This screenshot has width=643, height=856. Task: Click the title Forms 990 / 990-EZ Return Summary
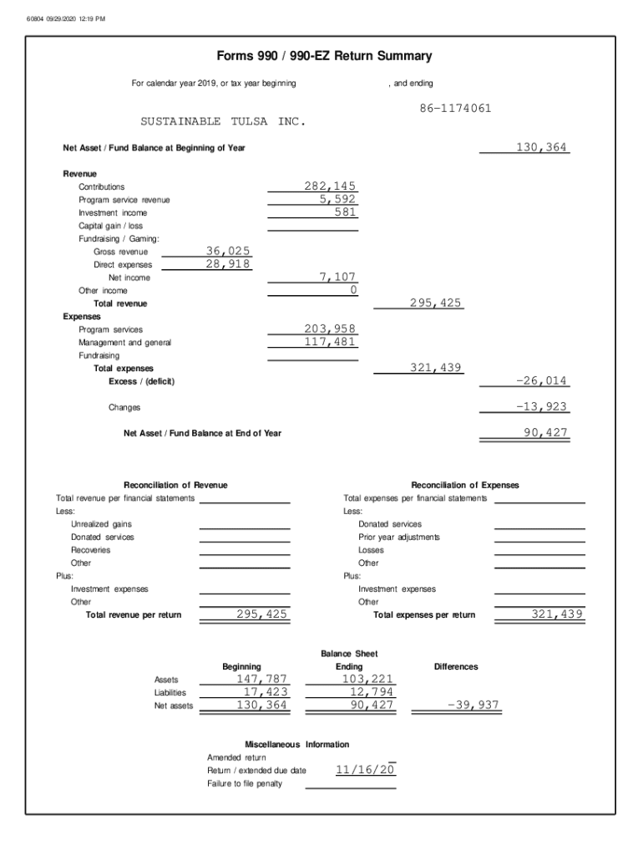click(x=324, y=57)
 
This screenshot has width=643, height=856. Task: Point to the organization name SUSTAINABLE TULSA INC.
click(x=223, y=122)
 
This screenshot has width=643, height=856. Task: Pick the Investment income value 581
click(x=344, y=212)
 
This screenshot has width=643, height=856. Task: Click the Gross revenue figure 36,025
click(x=227, y=251)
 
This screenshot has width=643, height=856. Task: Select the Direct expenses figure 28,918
click(x=227, y=264)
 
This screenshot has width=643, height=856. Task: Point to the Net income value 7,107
click(x=337, y=277)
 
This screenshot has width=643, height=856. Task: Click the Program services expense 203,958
click(x=330, y=329)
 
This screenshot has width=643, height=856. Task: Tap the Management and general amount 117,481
click(x=330, y=342)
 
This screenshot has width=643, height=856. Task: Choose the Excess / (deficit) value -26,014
click(x=541, y=381)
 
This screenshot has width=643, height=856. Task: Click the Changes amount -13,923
click(x=541, y=407)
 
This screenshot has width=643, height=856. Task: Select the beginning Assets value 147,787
click(x=261, y=679)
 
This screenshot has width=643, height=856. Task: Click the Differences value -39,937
click(x=473, y=706)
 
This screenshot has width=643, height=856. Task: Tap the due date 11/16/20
click(x=365, y=770)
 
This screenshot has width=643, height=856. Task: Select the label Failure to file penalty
click(x=245, y=783)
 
